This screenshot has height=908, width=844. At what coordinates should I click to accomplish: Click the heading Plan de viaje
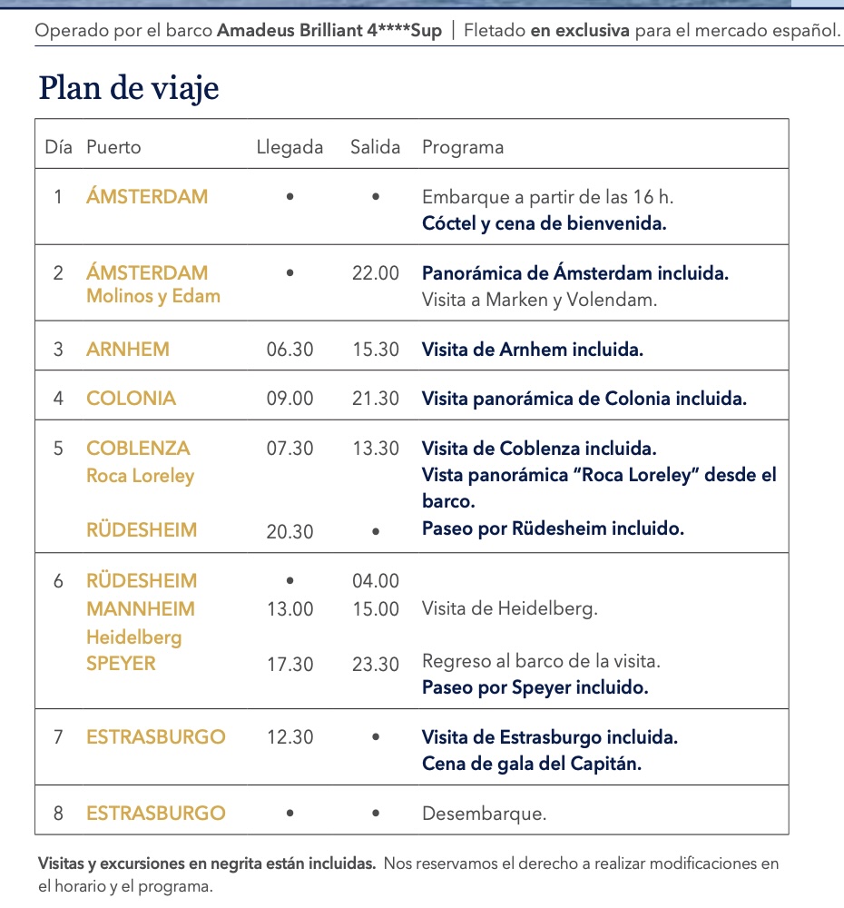coord(129,89)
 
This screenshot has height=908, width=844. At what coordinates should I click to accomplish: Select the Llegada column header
coord(290,147)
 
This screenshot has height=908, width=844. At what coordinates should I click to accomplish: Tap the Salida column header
coord(375,147)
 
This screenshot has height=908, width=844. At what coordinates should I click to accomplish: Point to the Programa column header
coord(462,147)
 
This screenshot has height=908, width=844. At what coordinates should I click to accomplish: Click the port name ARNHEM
coord(128,350)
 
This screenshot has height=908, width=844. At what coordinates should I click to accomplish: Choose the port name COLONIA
coord(131,399)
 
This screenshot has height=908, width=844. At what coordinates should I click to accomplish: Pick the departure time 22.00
coord(375,273)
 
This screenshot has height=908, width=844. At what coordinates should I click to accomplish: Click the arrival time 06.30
coord(290,350)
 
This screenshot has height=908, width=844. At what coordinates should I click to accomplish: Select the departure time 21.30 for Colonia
coord(375,399)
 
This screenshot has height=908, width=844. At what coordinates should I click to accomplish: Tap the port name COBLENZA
coord(138,449)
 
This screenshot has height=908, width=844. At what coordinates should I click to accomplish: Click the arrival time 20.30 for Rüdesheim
coord(290,531)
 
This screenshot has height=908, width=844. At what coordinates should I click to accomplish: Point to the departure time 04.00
coord(375,581)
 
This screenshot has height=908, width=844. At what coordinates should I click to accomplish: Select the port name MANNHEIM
coord(141,608)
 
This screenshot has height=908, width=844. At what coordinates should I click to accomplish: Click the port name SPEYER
coord(121,664)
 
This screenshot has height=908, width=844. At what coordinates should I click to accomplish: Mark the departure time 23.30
coord(375,664)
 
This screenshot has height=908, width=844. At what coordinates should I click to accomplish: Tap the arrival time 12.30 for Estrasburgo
coord(290,737)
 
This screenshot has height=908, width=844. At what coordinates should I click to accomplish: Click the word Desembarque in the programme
coord(484,814)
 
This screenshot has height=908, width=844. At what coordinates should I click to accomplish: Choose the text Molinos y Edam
coord(153,296)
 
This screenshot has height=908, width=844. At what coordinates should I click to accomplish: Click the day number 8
coord(58,814)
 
